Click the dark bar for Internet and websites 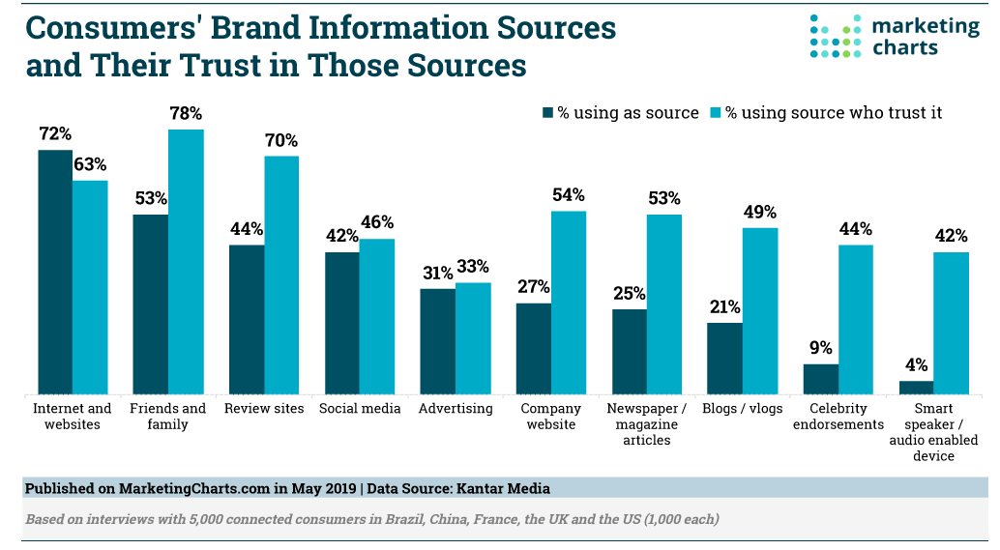55,272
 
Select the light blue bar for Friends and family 186,261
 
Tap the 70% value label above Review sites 281,140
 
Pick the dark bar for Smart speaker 916,387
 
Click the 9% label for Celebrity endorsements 821,348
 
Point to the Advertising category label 456,409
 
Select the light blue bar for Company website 569,302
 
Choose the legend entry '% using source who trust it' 826,113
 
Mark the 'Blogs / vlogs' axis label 743,409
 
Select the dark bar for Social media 342,323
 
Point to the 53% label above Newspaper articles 664,199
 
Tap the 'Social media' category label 360,409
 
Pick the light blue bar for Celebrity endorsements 855,319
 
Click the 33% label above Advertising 473,267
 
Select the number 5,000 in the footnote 215,519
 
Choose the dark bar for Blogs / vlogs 724,358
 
